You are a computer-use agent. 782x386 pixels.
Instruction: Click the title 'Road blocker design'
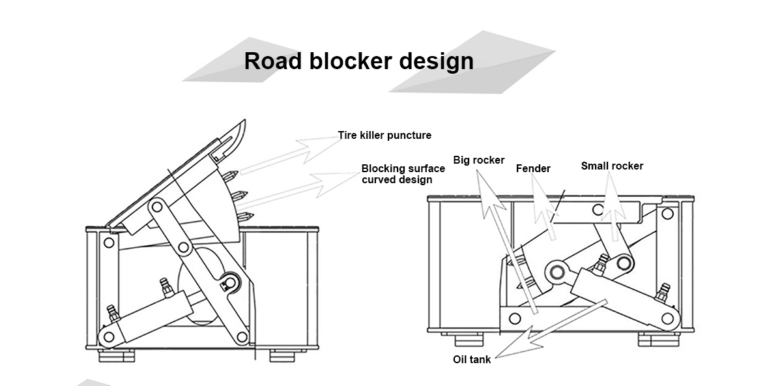[x=359, y=61]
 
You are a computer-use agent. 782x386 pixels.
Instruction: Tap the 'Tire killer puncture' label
[x=384, y=135]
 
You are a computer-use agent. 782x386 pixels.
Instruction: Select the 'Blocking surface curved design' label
[x=403, y=174]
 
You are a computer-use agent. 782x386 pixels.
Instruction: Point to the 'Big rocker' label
[x=478, y=160]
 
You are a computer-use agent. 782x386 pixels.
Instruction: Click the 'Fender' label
[x=533, y=168]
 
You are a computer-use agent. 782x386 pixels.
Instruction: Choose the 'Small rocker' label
[x=612, y=166]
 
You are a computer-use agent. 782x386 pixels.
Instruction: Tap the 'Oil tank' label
[x=472, y=359]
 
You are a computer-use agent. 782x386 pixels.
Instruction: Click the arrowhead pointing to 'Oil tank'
[x=517, y=344]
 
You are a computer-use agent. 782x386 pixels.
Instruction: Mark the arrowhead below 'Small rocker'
[x=612, y=196]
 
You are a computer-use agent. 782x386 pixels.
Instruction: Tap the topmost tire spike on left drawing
[x=231, y=175]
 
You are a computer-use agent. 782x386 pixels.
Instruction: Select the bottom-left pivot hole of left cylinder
[x=109, y=336]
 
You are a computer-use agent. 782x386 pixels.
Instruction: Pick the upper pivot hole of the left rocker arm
[x=157, y=207]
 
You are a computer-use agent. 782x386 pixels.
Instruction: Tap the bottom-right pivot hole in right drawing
[x=667, y=319]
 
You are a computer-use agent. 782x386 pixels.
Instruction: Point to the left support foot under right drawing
[x=469, y=340]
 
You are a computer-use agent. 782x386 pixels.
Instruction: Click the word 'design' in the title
[x=437, y=61]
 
